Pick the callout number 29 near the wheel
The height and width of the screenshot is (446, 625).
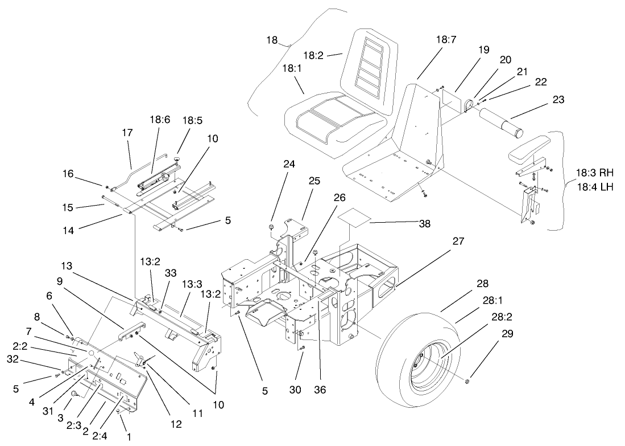pos(507,334)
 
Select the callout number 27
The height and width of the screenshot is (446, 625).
pos(458,242)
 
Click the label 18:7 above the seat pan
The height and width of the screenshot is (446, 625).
pos(446,40)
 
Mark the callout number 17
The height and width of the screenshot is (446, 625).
pos(127,132)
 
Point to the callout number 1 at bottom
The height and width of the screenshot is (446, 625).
pos(129,437)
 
